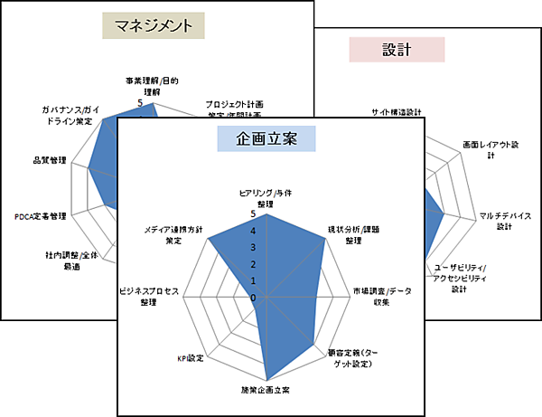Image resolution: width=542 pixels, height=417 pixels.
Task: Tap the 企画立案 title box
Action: [x=266, y=138]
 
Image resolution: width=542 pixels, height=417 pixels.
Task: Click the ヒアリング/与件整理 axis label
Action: [x=265, y=198]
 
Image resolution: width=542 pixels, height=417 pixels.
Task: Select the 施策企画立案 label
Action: [x=266, y=390]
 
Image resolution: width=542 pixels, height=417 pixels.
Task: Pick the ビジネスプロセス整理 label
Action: [x=150, y=296]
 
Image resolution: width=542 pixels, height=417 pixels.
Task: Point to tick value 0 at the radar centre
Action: [x=254, y=297]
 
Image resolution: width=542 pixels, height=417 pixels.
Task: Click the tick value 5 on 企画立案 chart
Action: [x=254, y=214]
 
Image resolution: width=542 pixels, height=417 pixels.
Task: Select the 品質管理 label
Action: [x=50, y=160]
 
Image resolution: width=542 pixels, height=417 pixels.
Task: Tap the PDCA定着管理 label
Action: [x=41, y=216]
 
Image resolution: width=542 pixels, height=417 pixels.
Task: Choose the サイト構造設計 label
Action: [x=397, y=113]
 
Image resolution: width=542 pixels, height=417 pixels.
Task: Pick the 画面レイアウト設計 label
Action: [x=490, y=149]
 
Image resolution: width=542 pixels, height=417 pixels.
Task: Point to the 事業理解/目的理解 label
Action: [x=152, y=85]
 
